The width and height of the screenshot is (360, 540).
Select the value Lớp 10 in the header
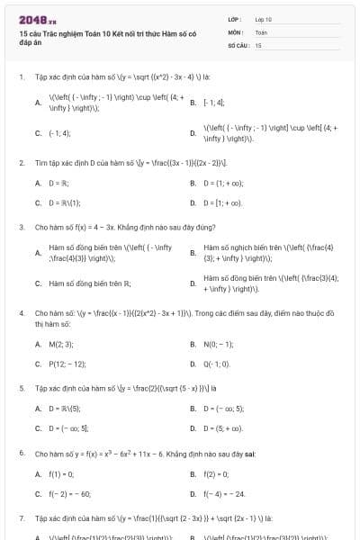[263, 19]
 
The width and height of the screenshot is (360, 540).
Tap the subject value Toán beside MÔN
[261, 31]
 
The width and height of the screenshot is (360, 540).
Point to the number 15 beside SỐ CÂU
[258, 44]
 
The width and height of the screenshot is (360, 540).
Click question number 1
[21, 77]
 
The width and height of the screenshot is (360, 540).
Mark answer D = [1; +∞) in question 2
[223, 203]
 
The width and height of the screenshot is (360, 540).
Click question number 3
[21, 228]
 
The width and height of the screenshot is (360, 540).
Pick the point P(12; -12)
[67, 364]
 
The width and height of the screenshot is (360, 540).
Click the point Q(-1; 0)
[218, 364]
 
